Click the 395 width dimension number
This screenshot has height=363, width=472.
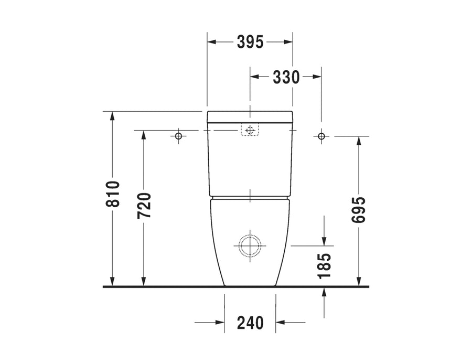250,42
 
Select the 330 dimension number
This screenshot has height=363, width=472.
286,77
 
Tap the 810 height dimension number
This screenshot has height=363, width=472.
113,194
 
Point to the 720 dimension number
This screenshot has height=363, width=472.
144,206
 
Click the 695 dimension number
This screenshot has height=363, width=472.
358,210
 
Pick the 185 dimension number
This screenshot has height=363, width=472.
324,266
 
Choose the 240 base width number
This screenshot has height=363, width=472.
250,323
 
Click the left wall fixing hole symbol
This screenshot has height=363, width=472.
178,136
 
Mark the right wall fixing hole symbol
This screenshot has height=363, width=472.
321,136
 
